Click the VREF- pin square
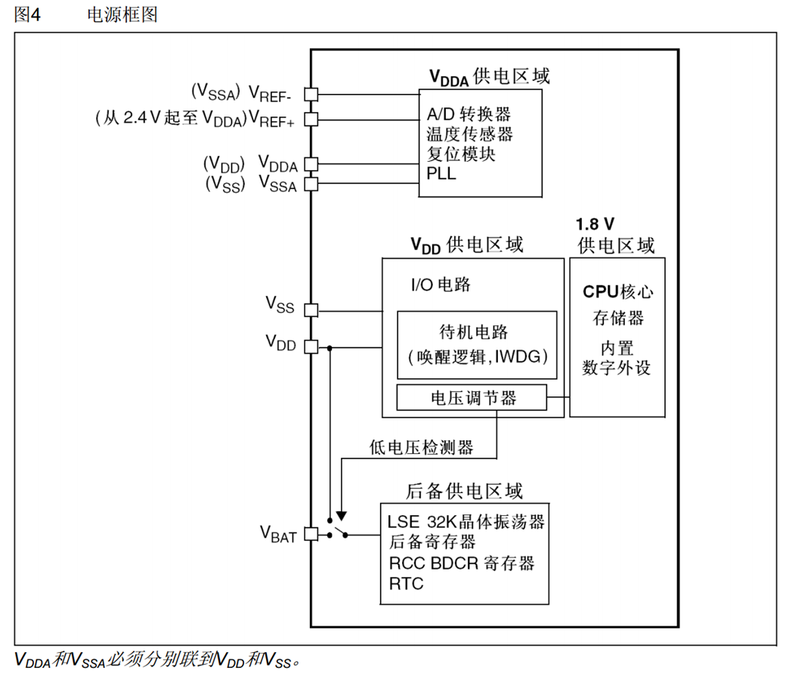311,94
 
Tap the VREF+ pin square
311,119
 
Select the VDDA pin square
311,163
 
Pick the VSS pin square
311,309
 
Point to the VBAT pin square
311,534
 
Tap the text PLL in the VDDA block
441,175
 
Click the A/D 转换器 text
469,113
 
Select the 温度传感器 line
469,134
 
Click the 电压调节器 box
472,398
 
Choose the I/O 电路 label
441,284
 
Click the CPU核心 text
617,291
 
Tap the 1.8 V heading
595,225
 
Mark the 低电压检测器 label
422,447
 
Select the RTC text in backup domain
406,583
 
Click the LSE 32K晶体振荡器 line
466,521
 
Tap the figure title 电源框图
122,14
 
